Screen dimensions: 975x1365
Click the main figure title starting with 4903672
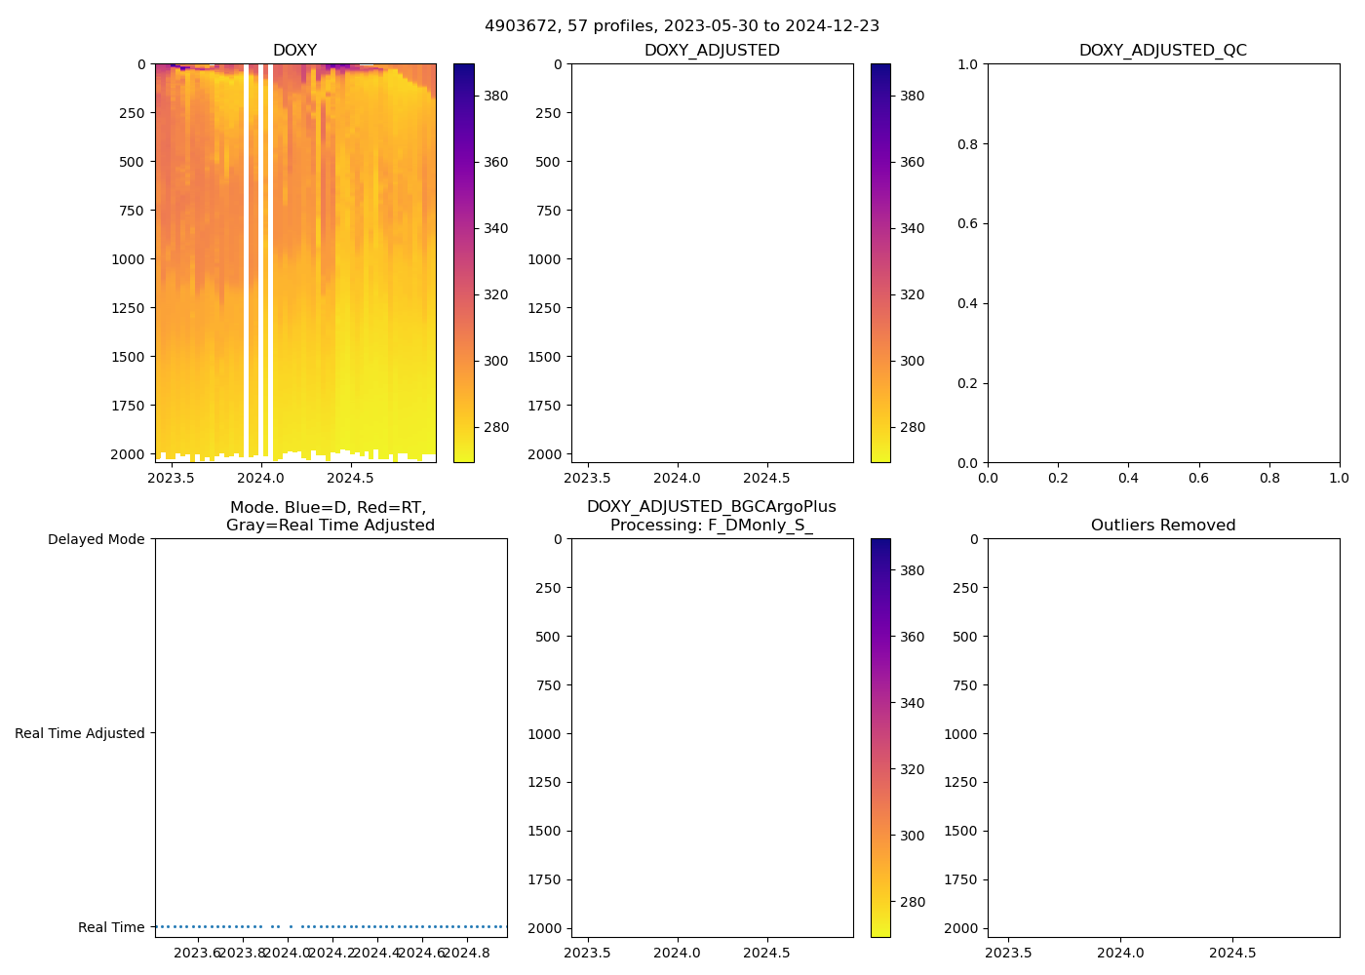click(x=682, y=25)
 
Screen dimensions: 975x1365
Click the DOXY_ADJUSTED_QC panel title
click(x=1163, y=51)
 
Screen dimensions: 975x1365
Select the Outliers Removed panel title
click(x=1163, y=526)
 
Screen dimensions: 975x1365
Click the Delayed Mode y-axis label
click(x=96, y=539)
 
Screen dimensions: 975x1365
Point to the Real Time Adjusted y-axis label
click(x=80, y=733)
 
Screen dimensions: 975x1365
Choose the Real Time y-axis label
click(x=111, y=927)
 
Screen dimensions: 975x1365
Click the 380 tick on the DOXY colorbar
click(x=496, y=96)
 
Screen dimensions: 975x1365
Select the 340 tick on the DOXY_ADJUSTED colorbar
click(x=912, y=228)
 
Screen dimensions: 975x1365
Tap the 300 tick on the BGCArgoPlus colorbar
click(x=912, y=836)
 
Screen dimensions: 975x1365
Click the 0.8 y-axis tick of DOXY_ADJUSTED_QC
click(x=967, y=144)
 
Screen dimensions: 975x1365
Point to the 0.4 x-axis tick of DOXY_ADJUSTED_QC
click(x=1128, y=478)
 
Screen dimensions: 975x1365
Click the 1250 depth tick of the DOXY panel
click(x=128, y=308)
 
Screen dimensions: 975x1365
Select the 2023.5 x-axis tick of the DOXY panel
click(x=171, y=478)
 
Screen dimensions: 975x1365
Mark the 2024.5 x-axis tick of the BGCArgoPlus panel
click(x=766, y=953)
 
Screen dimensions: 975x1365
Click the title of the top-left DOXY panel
click(x=294, y=51)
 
